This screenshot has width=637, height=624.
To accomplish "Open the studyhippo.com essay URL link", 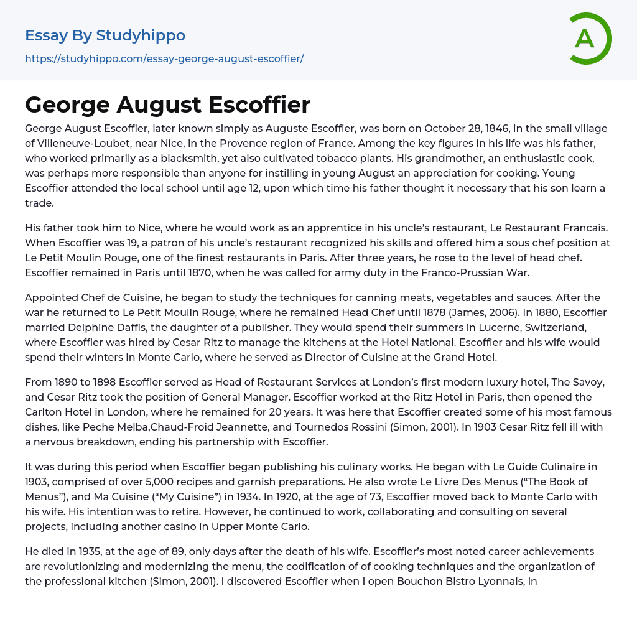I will pos(164,59).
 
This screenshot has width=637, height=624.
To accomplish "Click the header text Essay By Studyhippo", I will pos(105,35).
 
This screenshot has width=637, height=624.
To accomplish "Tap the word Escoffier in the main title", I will pos(259,105).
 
